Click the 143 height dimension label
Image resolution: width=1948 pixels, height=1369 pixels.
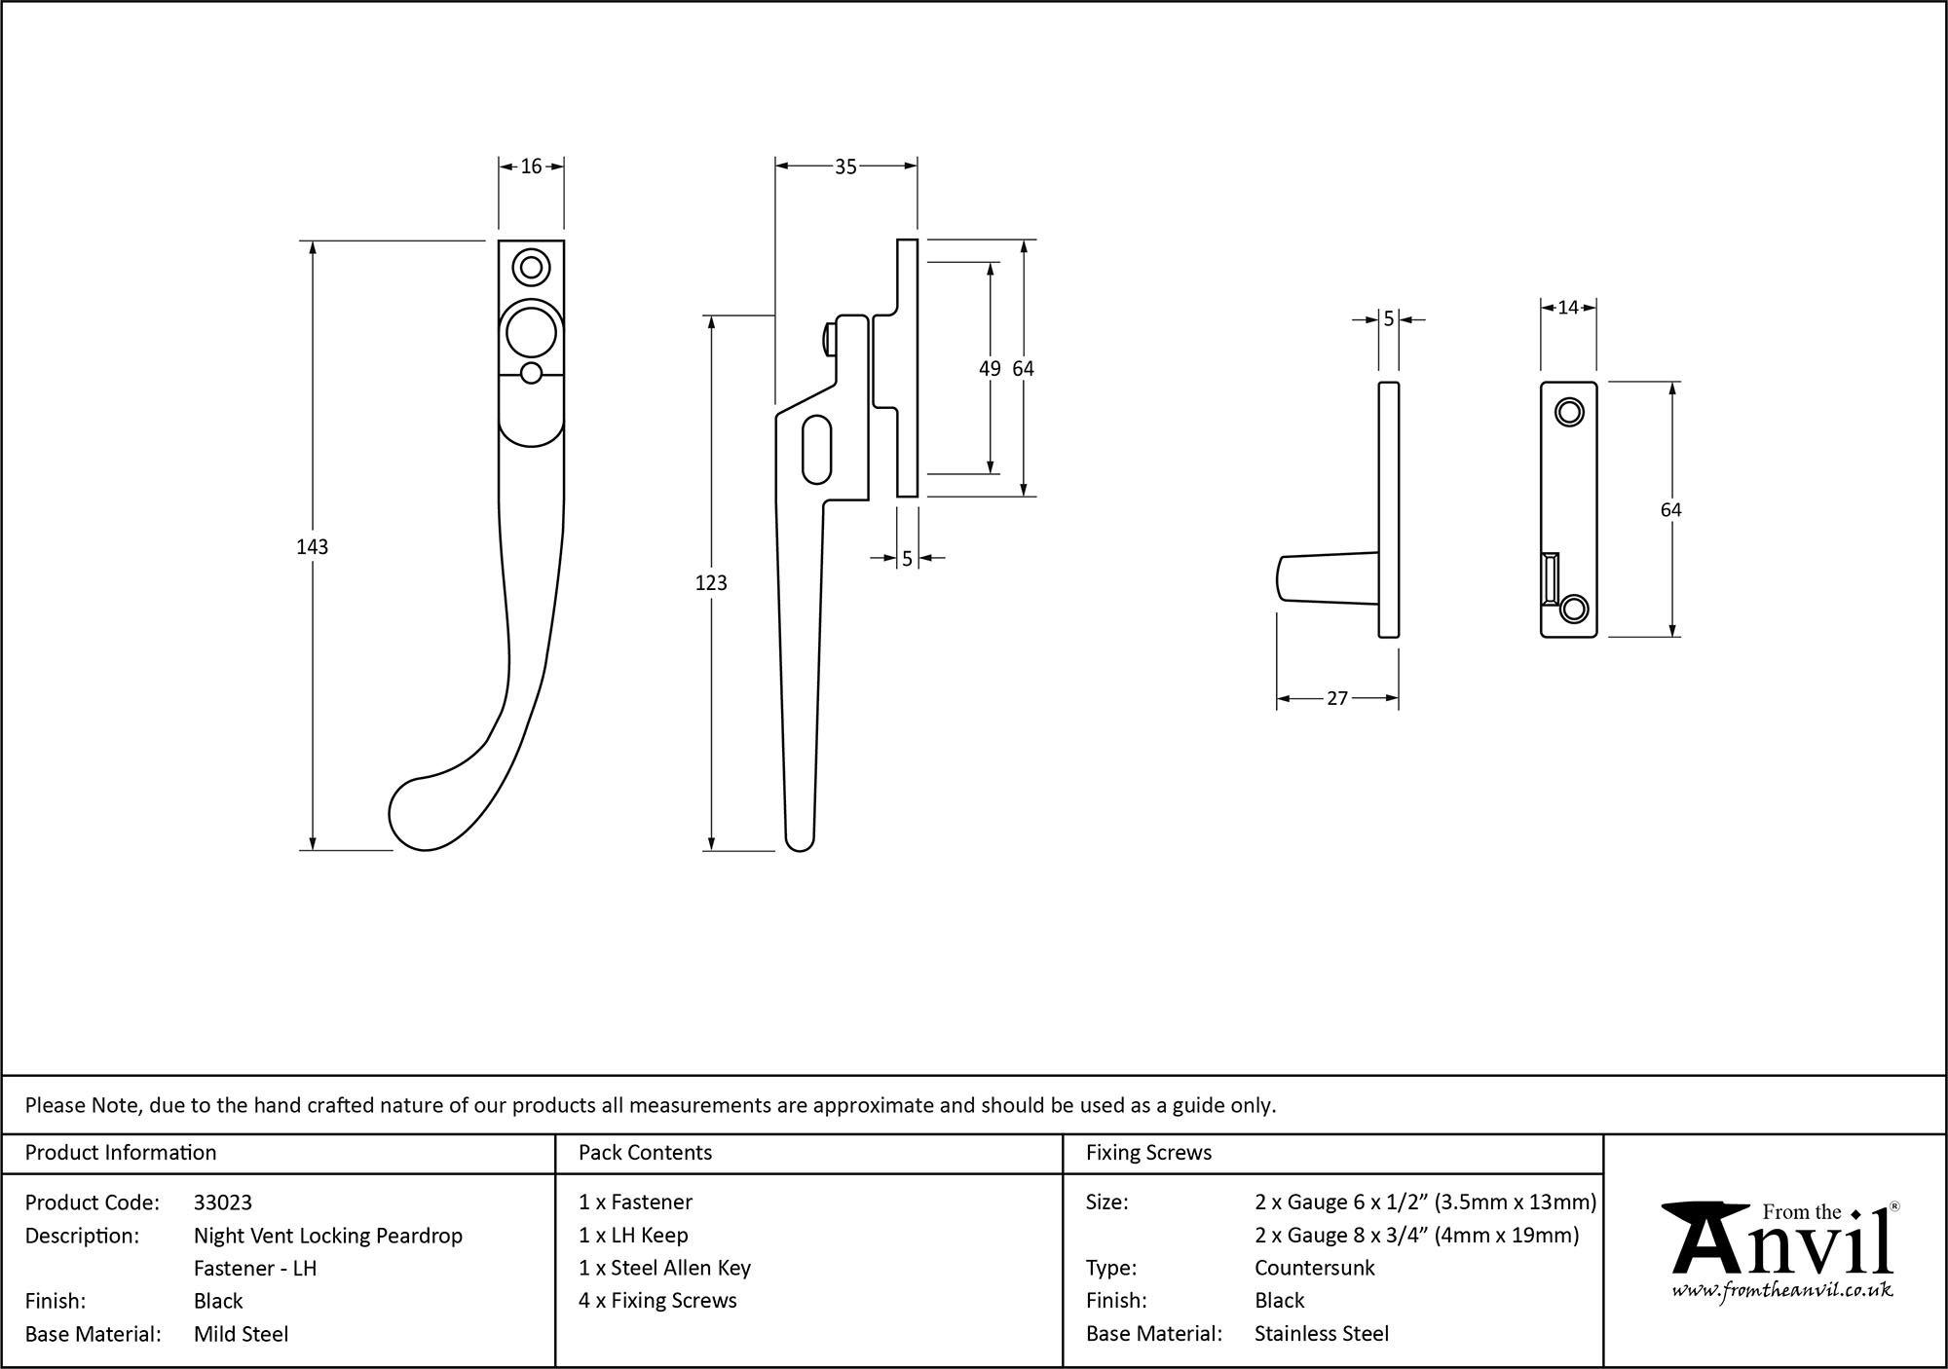pyautogui.click(x=312, y=547)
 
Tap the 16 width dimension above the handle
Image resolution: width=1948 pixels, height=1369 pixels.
pyautogui.click(x=531, y=166)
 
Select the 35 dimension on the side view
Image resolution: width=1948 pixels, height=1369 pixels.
pyautogui.click(x=845, y=167)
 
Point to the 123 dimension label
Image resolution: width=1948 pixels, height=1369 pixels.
pyautogui.click(x=711, y=583)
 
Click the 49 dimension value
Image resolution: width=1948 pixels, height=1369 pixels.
pyautogui.click(x=990, y=369)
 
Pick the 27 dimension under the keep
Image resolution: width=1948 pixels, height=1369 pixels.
pyautogui.click(x=1337, y=698)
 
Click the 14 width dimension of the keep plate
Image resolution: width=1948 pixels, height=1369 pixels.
pyautogui.click(x=1567, y=308)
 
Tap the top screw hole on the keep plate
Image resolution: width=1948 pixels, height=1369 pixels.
pyautogui.click(x=1568, y=413)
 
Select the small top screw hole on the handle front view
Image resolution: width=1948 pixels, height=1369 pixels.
pyautogui.click(x=531, y=267)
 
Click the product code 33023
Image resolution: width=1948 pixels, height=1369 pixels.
pyautogui.click(x=223, y=1202)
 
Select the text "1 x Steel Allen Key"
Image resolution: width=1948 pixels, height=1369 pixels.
pyautogui.click(x=664, y=1268)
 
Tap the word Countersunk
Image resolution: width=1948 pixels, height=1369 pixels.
pyautogui.click(x=1314, y=1268)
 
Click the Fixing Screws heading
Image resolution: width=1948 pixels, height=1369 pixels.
pyautogui.click(x=1148, y=1153)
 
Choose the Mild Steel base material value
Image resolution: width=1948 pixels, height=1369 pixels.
pyautogui.click(x=241, y=1334)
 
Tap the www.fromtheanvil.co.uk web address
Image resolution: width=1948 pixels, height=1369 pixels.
pyautogui.click(x=1782, y=1290)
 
